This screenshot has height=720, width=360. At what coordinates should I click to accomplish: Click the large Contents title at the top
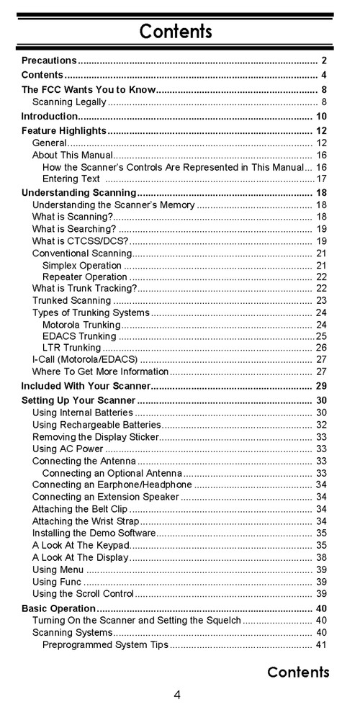(x=176, y=31)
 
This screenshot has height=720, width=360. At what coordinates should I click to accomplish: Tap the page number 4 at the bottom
(x=177, y=695)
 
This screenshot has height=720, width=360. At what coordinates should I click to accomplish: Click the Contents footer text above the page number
(x=298, y=672)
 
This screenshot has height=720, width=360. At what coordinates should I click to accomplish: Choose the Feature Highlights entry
(x=64, y=130)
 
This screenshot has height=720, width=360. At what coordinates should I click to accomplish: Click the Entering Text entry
(x=71, y=179)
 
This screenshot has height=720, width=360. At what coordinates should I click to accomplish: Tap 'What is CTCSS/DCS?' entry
(x=81, y=240)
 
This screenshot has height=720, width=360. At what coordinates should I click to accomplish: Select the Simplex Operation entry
(x=82, y=266)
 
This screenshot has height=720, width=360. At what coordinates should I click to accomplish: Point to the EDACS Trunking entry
(x=79, y=336)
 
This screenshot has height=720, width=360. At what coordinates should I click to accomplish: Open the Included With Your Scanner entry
(x=86, y=386)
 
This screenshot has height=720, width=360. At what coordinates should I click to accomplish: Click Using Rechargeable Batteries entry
(x=86, y=425)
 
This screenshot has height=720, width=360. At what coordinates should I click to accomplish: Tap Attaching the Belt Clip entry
(x=78, y=509)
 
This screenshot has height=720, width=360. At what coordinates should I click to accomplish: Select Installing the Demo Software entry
(x=94, y=533)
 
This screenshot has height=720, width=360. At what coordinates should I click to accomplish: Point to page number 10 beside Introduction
(x=321, y=116)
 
